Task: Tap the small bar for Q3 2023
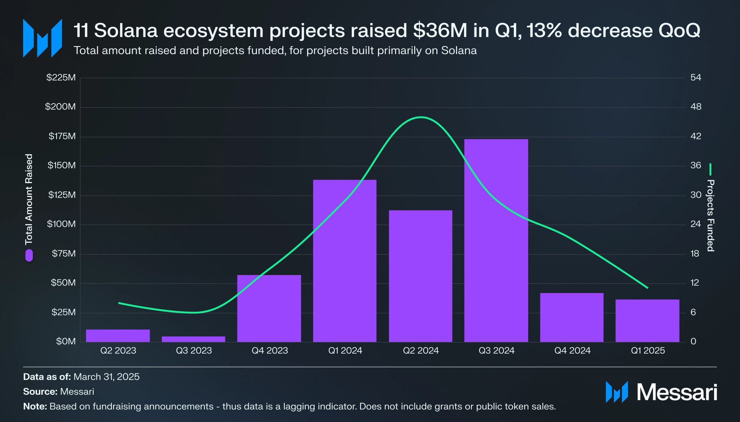pos(193,339)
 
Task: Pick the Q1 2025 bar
pos(647,321)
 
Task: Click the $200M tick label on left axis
pos(60,107)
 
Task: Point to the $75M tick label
pos(64,254)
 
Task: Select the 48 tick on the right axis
pos(696,107)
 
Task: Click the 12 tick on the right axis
pos(694,283)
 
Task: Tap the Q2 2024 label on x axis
pos(421,351)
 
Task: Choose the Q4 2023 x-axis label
pos(269,351)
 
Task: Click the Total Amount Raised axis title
pos(29,199)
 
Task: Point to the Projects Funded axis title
pos(710,215)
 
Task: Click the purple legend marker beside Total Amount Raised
pos(29,255)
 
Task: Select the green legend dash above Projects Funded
pos(710,169)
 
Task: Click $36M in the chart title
pos(440,30)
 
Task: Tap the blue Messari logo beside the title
pos(42,38)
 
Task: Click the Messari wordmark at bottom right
pos(677,392)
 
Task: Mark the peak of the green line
pos(420,117)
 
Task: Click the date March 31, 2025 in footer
pos(106,376)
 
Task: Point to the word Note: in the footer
pos(35,406)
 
